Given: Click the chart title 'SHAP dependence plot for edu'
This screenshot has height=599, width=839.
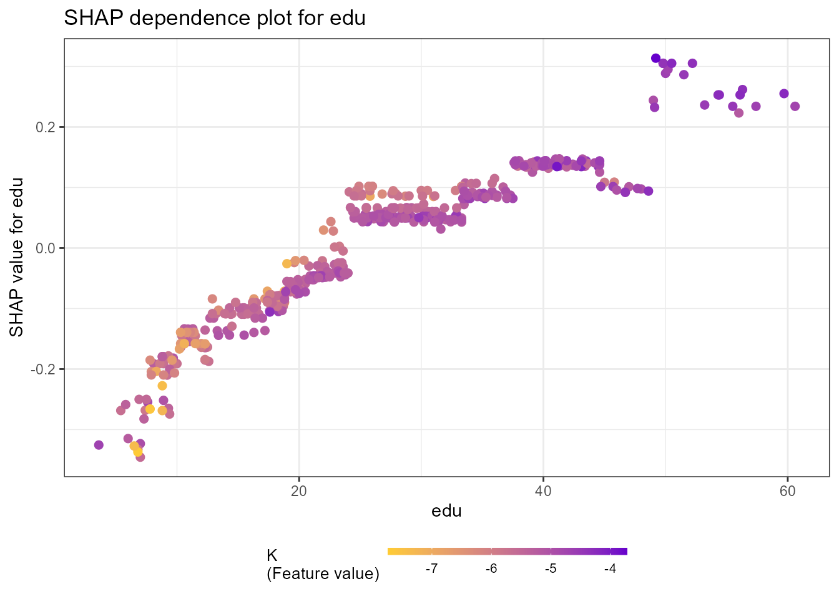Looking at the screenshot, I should [215, 18].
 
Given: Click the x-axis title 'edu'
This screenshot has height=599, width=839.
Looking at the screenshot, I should [446, 511].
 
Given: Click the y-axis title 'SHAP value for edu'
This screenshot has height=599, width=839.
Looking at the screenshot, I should [17, 257].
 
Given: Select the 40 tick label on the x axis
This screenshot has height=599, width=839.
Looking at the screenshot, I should [543, 491].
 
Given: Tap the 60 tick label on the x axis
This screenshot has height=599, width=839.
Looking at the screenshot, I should [787, 491].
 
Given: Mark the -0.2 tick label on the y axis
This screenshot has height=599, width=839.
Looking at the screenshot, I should [43, 369].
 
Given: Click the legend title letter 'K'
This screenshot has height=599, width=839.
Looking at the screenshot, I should [272, 555].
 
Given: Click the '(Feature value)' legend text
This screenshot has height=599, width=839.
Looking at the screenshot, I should [323, 573].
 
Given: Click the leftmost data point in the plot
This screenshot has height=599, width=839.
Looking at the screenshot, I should [99, 445].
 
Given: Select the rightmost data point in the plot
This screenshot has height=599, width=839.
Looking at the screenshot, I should [795, 106].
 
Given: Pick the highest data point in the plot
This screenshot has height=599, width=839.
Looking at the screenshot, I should [655, 58].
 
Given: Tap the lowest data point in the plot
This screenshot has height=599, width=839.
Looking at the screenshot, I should [140, 457].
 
